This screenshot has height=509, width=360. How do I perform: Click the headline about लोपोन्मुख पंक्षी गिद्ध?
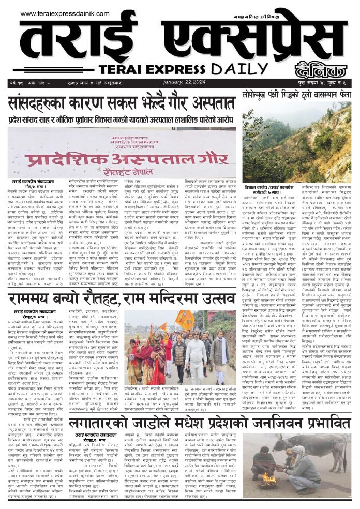click(x=296, y=94)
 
